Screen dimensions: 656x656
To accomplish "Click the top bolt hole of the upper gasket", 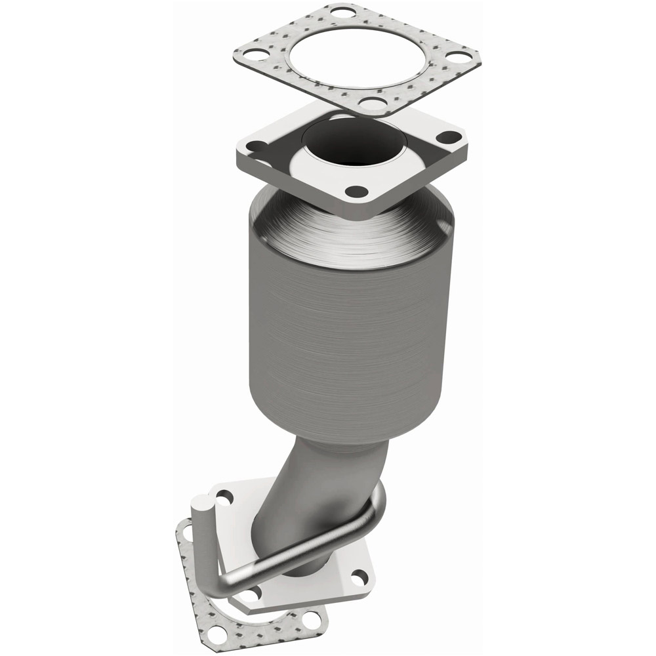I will pyautogui.click(x=340, y=11).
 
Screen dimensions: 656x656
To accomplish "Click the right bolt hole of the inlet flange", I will pyautogui.click(x=449, y=137).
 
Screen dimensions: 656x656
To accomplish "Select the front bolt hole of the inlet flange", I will pyautogui.click(x=357, y=192).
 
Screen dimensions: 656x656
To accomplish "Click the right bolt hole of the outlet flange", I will pyautogui.click(x=359, y=578).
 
